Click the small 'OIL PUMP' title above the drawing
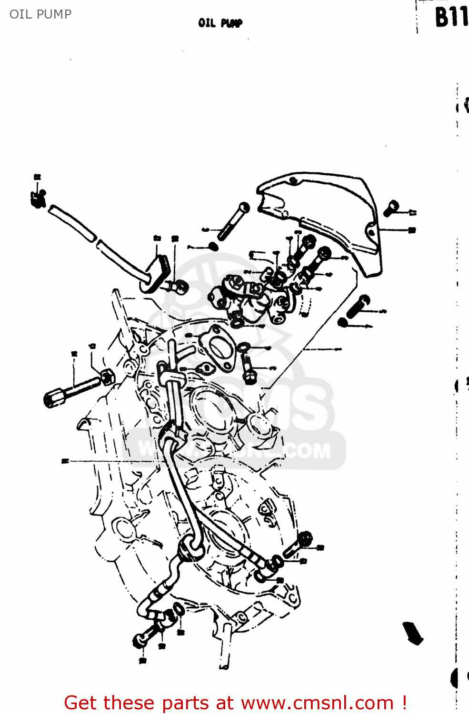coord(220,23)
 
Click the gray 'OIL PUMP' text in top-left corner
coord(40,14)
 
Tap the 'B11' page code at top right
coord(450,18)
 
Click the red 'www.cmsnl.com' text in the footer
coord(317,703)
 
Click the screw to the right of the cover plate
coord(391,208)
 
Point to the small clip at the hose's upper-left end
coord(38,198)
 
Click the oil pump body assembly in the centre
coord(248,297)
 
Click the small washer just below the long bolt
coord(213,246)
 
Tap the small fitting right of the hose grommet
coord(180,287)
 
